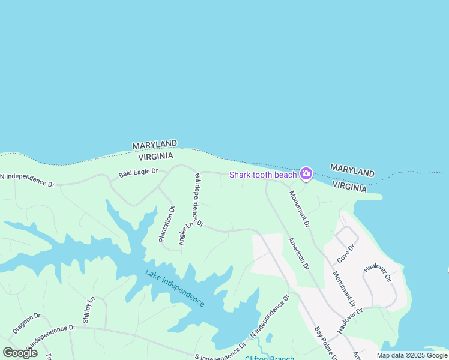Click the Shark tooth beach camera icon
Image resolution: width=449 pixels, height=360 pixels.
306,174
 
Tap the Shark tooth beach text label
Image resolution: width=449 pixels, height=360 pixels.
264,175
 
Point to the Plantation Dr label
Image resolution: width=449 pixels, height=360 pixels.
166,224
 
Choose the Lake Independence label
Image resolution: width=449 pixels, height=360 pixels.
175,287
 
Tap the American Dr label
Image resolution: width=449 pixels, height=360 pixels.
298,253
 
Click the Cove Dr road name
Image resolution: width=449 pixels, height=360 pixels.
346,252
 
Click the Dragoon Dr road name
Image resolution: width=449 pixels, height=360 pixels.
26,323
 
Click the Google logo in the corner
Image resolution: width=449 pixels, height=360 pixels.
20,352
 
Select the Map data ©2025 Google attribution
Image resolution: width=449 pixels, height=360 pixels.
412,355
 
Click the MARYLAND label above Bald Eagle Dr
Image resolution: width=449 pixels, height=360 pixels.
154,145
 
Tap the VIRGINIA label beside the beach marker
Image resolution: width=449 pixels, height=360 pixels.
349,187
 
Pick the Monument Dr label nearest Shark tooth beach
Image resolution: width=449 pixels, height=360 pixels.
299,209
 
